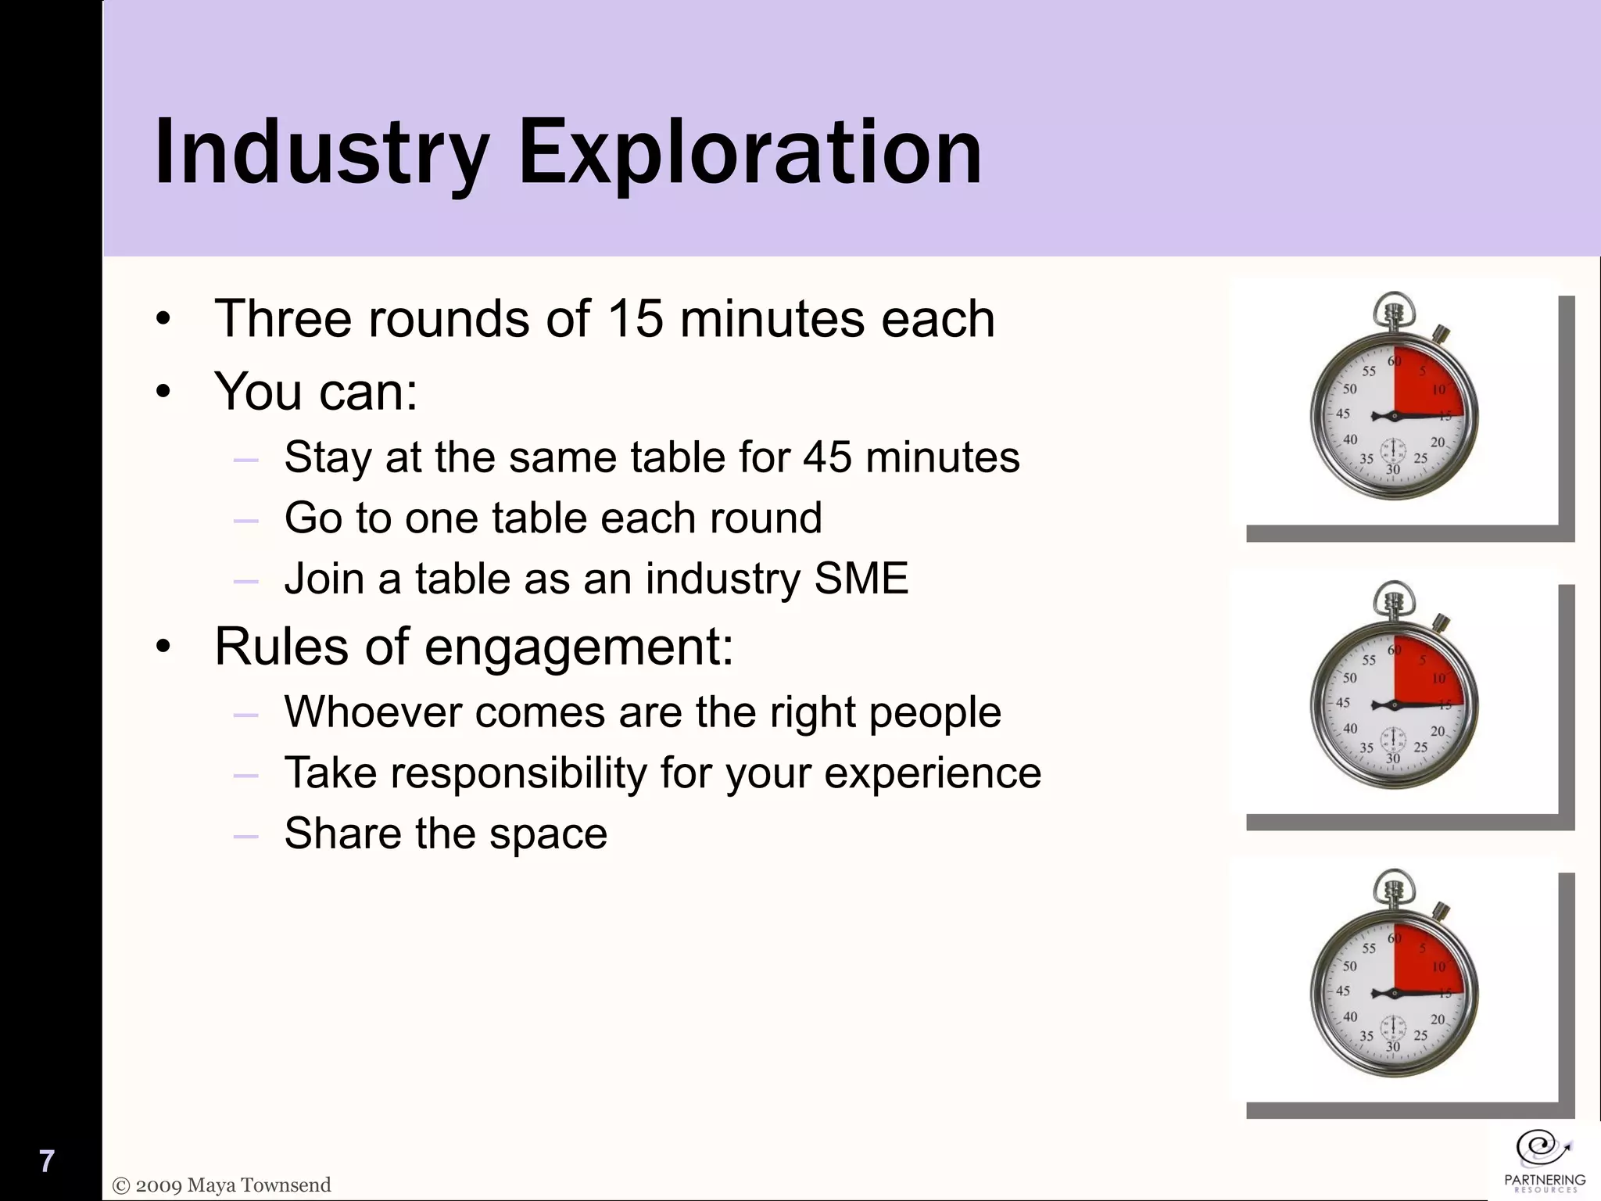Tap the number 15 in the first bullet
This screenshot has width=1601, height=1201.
click(635, 319)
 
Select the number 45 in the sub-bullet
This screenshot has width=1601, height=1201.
click(827, 457)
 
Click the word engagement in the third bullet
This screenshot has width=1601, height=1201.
click(579, 647)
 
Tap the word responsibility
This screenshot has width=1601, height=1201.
click(518, 773)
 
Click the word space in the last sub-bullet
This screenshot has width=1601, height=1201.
click(547, 834)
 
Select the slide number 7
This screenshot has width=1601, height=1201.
click(47, 1161)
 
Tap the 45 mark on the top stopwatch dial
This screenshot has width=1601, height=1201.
click(1343, 414)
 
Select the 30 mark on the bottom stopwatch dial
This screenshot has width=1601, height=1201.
click(1393, 1046)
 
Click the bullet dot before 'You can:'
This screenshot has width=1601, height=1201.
click(163, 392)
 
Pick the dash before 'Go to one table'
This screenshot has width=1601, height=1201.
click(245, 520)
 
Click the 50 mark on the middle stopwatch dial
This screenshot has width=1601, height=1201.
click(1350, 678)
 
